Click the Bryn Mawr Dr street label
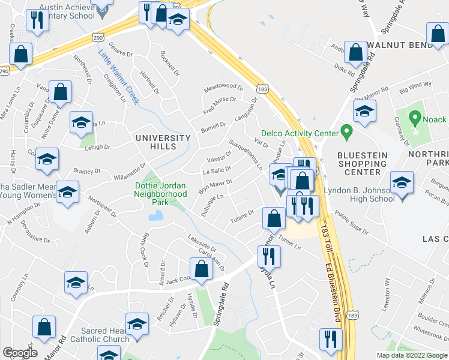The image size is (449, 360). point(215,183)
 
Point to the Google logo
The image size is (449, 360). point(20,352)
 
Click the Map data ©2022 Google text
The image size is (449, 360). point(412,355)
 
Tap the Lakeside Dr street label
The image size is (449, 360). point(202,242)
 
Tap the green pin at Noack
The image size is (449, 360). point(415,118)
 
